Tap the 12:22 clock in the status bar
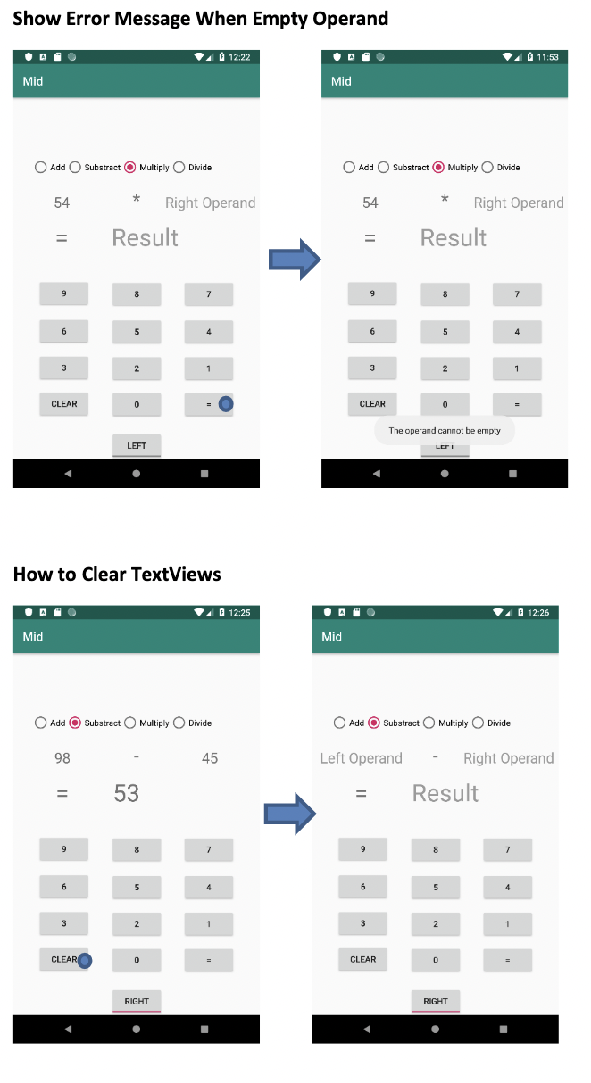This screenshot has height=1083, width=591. click(x=239, y=57)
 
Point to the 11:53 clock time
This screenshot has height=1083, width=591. click(x=547, y=57)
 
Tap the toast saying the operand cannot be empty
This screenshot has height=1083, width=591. click(x=445, y=431)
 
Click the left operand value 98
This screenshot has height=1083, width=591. click(x=62, y=758)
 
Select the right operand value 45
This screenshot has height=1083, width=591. click(x=209, y=758)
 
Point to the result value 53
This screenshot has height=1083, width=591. click(x=126, y=793)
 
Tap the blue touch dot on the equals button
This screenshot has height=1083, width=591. click(x=226, y=404)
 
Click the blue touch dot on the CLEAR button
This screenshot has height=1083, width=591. click(x=85, y=960)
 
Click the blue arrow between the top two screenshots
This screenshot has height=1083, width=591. click(x=294, y=259)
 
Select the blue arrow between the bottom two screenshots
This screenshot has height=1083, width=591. click(x=290, y=814)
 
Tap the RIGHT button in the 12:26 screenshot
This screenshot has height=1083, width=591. click(x=436, y=1001)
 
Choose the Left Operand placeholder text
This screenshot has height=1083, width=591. click(x=362, y=758)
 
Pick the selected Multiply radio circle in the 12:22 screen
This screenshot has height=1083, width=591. click(x=130, y=168)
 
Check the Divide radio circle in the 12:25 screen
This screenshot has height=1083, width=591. click(x=179, y=723)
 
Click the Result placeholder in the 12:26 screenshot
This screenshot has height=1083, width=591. click(x=445, y=793)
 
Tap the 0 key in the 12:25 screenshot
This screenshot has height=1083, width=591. click(x=137, y=960)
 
